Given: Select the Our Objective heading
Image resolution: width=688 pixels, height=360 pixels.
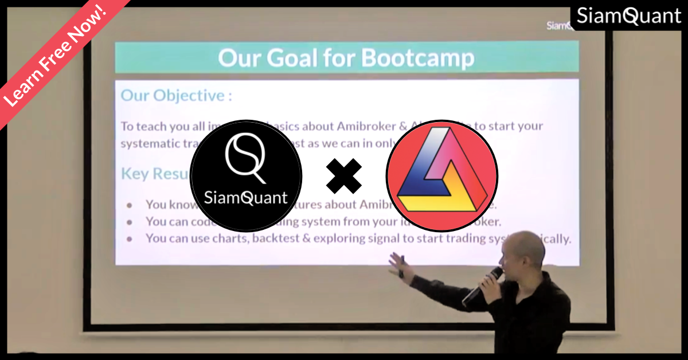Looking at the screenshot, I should (177, 95).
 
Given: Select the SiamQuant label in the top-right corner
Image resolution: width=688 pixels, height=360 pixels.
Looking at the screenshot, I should (628, 16).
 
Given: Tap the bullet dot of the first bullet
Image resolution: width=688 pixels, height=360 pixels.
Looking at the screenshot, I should (130, 205).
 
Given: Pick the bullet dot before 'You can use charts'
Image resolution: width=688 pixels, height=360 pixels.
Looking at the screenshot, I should (130, 238).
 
